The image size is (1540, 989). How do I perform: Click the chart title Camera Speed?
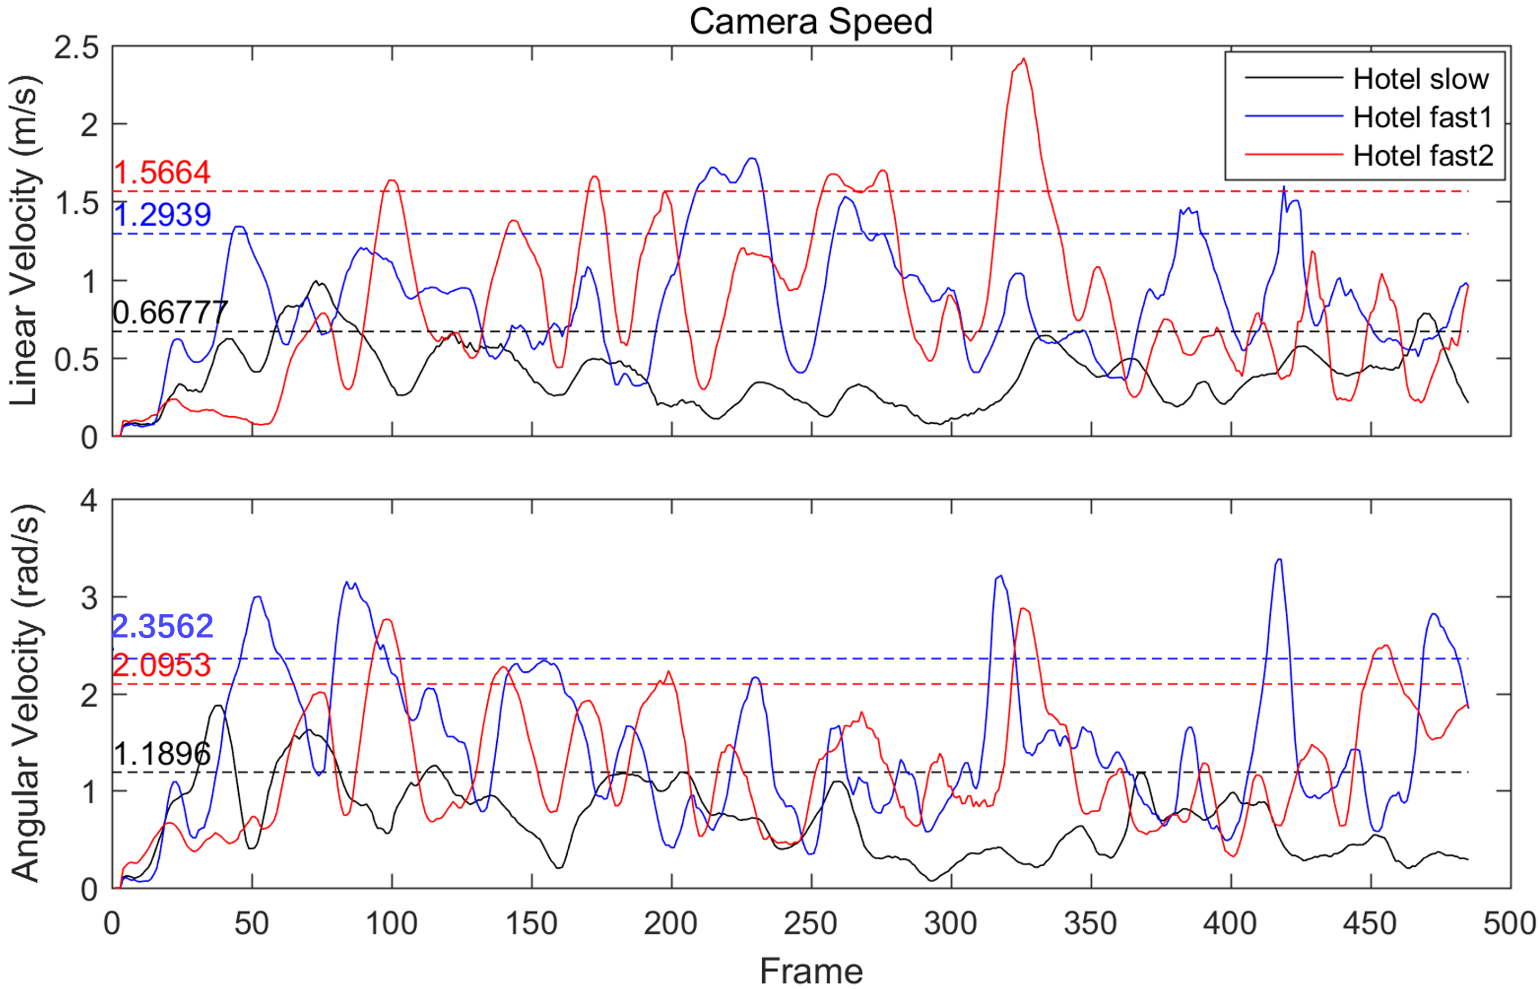click(811, 22)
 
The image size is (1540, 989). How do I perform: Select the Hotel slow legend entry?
click(1420, 79)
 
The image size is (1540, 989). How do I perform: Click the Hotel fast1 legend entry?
click(1421, 118)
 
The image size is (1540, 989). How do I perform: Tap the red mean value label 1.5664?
click(162, 173)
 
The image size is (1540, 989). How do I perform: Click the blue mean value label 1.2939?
click(163, 215)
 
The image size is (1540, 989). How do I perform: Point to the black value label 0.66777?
click(170, 313)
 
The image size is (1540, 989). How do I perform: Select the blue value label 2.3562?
click(163, 626)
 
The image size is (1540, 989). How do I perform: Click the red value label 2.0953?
click(162, 665)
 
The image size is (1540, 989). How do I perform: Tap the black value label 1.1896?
click(162, 754)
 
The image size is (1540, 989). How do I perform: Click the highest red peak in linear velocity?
click(1023, 59)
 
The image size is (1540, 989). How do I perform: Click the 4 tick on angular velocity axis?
click(89, 501)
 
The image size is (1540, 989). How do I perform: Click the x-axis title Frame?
click(811, 970)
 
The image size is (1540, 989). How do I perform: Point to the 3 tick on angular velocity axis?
click(89, 598)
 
